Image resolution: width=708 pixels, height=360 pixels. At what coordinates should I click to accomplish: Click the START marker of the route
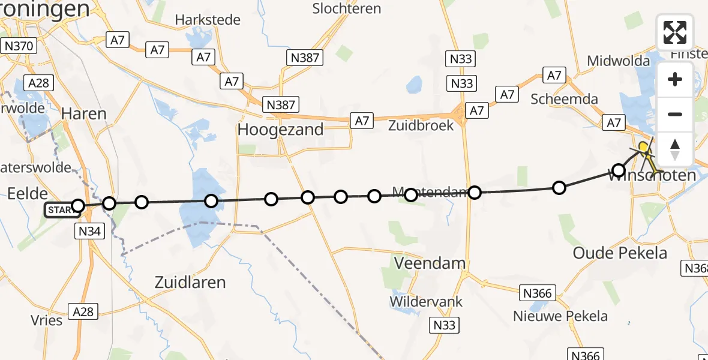click(62, 210)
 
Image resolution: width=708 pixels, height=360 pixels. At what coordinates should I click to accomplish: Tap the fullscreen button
click(675, 32)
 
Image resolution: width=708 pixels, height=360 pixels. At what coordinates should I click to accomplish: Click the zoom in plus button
click(675, 79)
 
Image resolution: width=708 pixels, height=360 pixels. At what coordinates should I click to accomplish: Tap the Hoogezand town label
click(280, 130)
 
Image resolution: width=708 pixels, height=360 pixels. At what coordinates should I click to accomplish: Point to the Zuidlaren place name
click(190, 282)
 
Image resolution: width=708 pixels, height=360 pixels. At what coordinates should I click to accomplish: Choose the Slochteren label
click(347, 8)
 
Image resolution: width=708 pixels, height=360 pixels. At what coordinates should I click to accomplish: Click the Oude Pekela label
click(620, 253)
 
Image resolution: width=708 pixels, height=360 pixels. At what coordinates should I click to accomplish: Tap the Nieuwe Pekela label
click(560, 316)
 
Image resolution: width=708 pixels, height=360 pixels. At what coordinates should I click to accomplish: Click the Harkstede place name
click(208, 20)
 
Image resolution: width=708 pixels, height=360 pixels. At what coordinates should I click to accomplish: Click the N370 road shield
click(20, 46)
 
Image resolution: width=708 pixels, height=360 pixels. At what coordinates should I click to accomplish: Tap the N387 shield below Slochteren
click(304, 58)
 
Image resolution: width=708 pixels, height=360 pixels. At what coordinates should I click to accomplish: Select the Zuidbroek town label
click(421, 126)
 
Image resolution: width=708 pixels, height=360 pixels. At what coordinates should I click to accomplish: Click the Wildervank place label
click(426, 301)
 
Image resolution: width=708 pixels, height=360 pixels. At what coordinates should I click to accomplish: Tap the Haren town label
click(84, 113)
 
